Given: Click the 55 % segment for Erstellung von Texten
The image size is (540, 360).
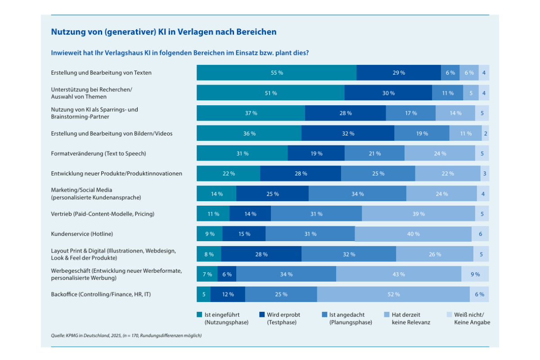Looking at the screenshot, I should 276,72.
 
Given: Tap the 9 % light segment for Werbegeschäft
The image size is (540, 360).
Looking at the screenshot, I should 475,274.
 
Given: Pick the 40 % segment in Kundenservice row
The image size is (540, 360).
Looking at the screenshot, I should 413,234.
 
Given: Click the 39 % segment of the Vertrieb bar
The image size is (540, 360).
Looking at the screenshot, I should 418,214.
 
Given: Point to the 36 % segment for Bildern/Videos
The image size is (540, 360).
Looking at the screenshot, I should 249,133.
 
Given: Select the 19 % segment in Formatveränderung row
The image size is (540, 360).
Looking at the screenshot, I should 316,153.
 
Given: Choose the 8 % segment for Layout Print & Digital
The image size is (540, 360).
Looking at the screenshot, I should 209,254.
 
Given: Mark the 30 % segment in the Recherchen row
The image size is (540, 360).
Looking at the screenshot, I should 388,93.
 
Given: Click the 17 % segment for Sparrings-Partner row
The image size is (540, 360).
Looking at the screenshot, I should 410,113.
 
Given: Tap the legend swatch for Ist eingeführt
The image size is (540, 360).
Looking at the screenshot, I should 199,315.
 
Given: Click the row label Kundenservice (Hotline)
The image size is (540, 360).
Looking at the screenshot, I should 82,234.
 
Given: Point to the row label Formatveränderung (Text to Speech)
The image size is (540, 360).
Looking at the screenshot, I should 99,153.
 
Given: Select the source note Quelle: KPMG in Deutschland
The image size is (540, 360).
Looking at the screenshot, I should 126,336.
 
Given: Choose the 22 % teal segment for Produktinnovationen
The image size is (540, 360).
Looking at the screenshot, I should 228,174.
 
